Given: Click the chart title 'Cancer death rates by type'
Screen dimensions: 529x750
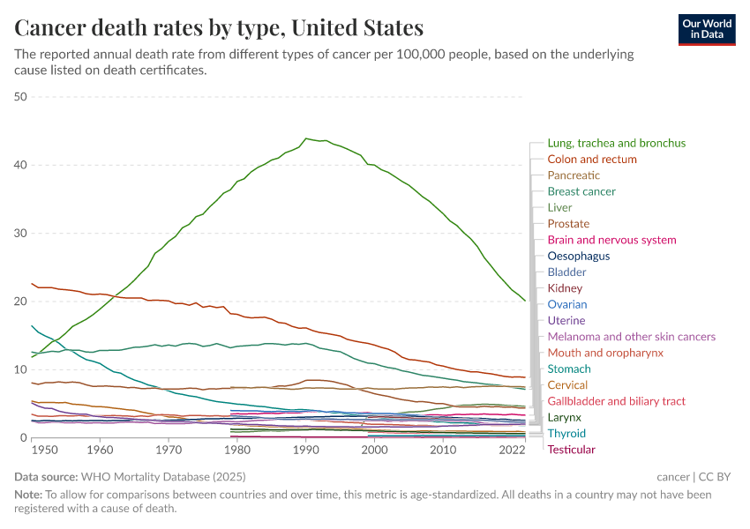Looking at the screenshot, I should click(x=219, y=27).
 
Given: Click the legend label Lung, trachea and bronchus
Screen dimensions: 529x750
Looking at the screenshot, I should click(x=616, y=143).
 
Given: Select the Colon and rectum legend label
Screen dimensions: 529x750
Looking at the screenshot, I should click(x=591, y=160).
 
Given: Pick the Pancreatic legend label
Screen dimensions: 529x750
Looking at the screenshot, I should click(x=574, y=175).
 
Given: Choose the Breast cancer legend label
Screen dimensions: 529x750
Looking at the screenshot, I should click(x=581, y=191).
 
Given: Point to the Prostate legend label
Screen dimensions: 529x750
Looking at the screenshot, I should click(x=568, y=224).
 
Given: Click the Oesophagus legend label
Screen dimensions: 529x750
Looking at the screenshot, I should click(x=578, y=257).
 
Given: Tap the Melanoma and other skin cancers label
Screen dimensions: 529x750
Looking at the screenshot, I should click(x=631, y=337).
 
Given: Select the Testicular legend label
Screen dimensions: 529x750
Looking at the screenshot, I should click(x=571, y=450).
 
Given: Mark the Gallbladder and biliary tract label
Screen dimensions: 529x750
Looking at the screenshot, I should click(x=616, y=401).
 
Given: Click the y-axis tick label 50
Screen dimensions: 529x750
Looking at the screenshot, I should click(x=21, y=97).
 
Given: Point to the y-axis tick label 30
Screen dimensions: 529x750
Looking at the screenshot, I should click(x=21, y=234).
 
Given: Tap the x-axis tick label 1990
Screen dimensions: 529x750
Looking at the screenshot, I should click(x=306, y=450).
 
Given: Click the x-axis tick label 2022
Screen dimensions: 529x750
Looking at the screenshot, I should click(x=512, y=450).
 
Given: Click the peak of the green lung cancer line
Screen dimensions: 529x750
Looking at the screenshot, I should click(x=306, y=138).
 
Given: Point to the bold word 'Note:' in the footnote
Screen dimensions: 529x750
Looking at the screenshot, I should click(x=30, y=495).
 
